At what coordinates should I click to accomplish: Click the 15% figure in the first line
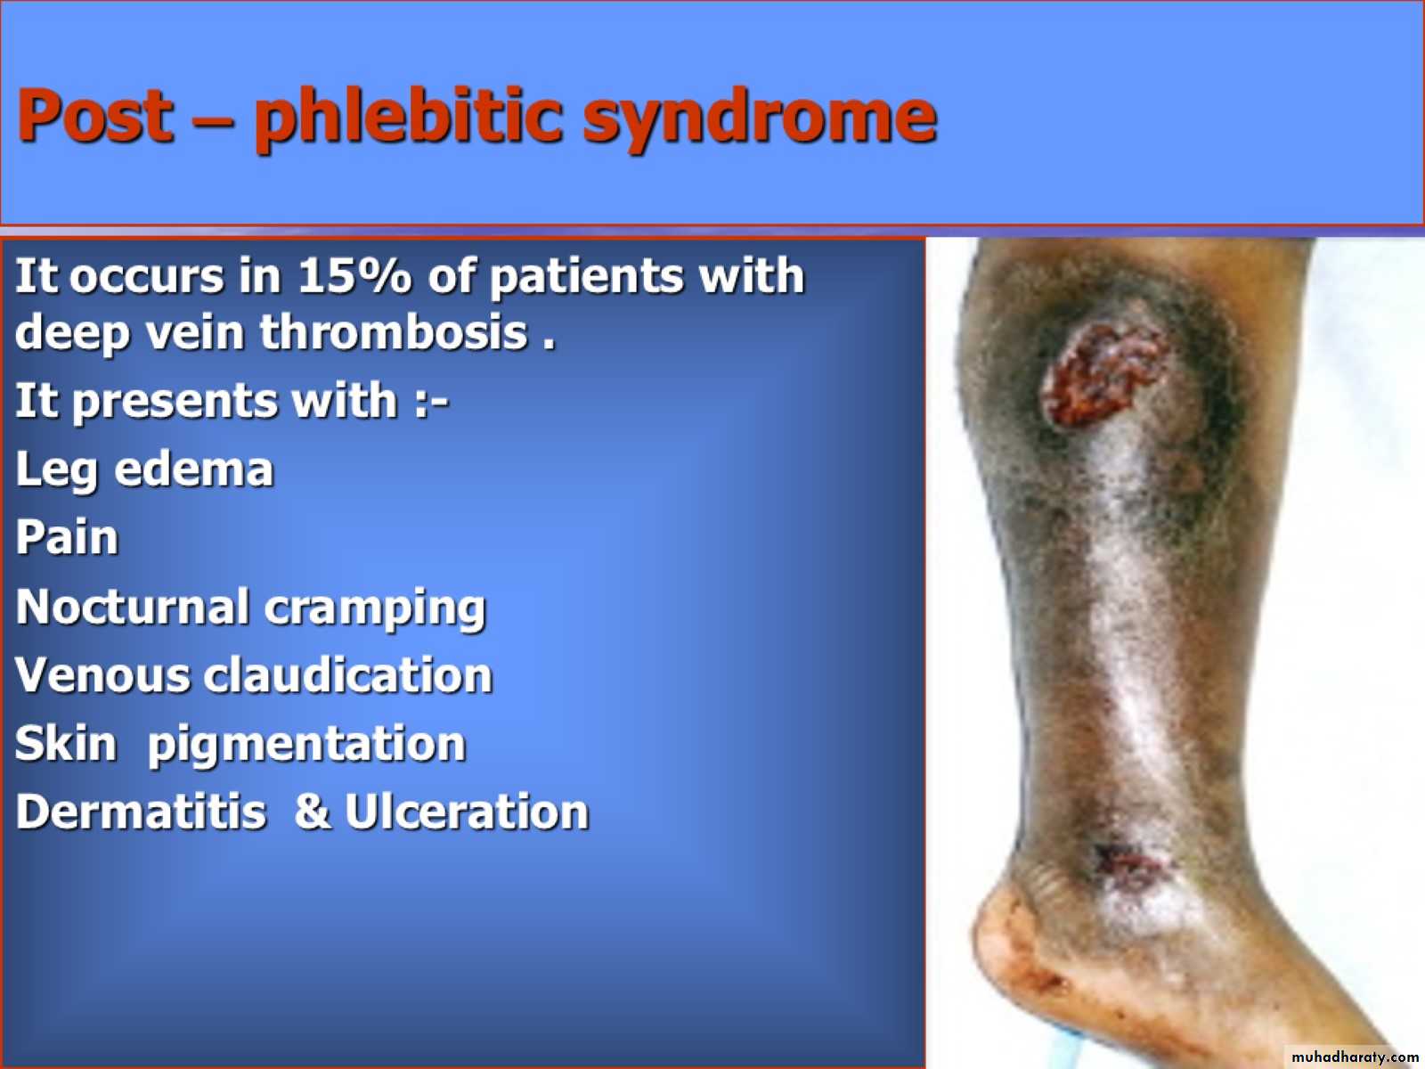click(x=354, y=276)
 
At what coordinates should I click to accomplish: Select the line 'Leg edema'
click(x=144, y=469)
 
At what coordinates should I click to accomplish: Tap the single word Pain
click(x=67, y=537)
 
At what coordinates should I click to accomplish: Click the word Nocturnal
click(x=132, y=607)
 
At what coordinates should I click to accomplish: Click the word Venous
click(x=102, y=675)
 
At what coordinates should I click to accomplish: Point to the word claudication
click(x=348, y=675)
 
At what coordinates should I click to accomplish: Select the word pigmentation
click(x=306, y=746)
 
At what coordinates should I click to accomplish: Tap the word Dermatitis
click(x=140, y=812)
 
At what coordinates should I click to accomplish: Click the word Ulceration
click(x=467, y=812)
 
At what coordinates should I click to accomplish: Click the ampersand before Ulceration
click(x=312, y=812)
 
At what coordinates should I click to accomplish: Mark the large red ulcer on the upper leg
click(x=1100, y=373)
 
